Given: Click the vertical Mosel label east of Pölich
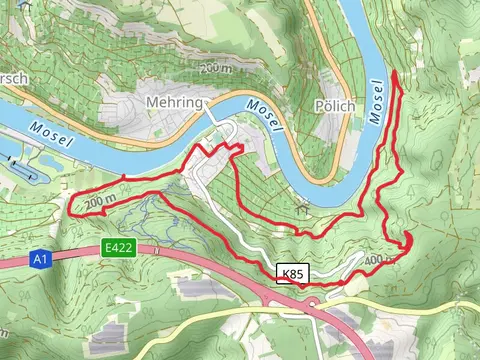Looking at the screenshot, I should pos(376,101).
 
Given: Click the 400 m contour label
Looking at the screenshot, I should pos(380,260).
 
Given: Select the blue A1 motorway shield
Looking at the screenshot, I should pos(39,260).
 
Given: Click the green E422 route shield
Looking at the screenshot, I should pos(119,247).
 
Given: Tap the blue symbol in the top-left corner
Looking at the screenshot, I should pos(24,5).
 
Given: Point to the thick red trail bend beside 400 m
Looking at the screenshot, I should pos(408,241).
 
